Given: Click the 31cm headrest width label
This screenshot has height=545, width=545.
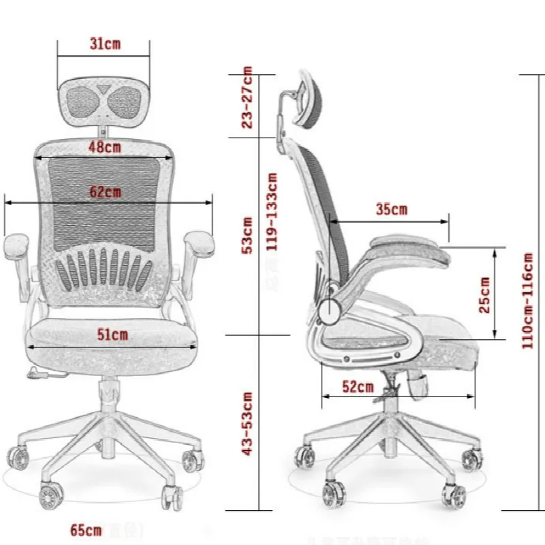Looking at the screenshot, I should pyautogui.click(x=104, y=44).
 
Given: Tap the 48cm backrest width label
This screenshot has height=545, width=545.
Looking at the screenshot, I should pyautogui.click(x=104, y=146).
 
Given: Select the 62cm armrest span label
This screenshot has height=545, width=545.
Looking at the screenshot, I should pyautogui.click(x=106, y=192).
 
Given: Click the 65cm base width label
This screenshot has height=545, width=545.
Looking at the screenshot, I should pyautogui.click(x=86, y=529).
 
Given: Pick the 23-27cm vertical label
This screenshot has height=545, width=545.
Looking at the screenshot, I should pyautogui.click(x=247, y=97).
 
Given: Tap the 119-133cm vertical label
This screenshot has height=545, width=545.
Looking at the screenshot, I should pyautogui.click(x=272, y=202).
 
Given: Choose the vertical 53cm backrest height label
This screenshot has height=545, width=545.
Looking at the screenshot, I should pyautogui.click(x=247, y=235).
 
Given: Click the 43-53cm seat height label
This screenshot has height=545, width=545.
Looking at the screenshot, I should pyautogui.click(x=247, y=424).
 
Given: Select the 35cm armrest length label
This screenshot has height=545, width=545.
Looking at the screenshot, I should pyautogui.click(x=391, y=210).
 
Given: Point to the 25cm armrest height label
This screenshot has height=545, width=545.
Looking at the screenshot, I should pyautogui.click(x=485, y=294).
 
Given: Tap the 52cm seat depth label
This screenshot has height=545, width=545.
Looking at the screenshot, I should pyautogui.click(x=358, y=387).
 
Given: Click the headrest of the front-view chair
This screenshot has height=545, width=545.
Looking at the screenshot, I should pyautogui.click(x=104, y=99).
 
